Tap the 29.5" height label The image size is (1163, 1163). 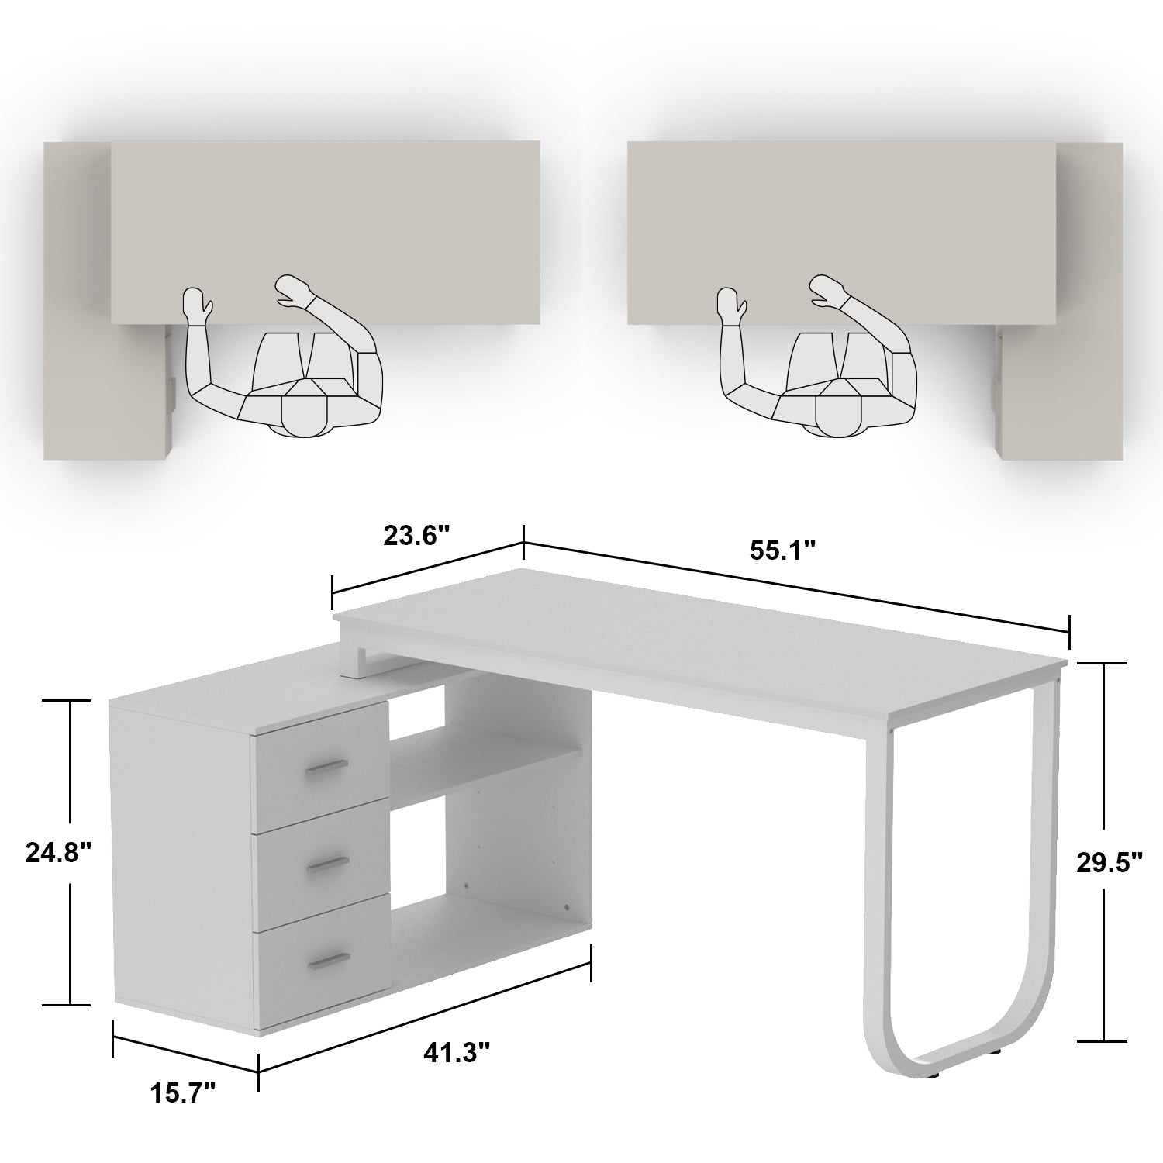click(1110, 863)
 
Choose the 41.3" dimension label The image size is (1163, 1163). click(457, 1052)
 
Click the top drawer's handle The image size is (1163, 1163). click(327, 767)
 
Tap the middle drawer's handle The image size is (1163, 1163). click(326, 865)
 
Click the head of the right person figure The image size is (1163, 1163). click(836, 415)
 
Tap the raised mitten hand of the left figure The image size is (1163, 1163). click(197, 303)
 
